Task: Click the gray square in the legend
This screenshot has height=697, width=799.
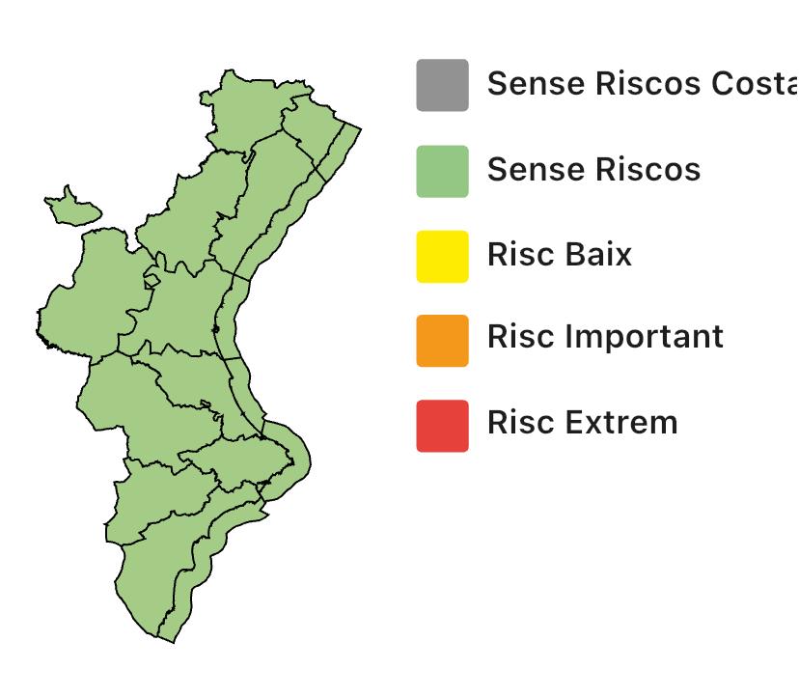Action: tap(442, 85)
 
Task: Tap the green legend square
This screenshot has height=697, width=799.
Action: tap(442, 171)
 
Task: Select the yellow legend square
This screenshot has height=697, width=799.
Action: tap(442, 256)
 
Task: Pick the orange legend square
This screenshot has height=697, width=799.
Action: tap(442, 340)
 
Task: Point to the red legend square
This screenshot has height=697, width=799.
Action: tap(442, 425)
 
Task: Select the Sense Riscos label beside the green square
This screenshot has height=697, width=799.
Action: tap(593, 170)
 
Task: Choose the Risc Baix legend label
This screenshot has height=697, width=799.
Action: tap(560, 255)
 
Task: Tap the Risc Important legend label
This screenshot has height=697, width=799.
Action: tap(605, 337)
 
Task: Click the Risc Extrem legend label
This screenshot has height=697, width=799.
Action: tap(583, 423)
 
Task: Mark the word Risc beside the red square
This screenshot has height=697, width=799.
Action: tap(521, 423)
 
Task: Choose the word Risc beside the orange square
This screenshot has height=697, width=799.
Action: tap(521, 337)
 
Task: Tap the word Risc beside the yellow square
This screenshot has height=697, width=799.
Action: tap(521, 255)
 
